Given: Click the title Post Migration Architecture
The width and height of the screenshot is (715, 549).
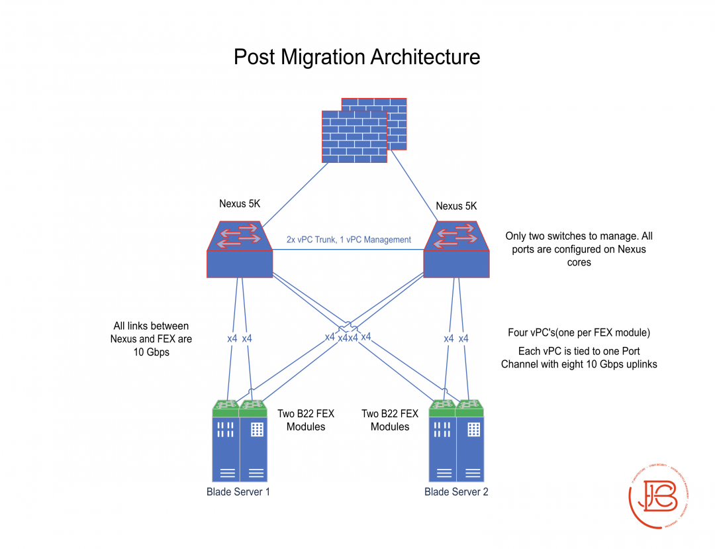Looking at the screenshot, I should (357, 57).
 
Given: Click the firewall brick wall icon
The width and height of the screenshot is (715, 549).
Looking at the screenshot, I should (364, 130).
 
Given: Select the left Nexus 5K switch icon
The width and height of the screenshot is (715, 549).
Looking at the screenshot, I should (239, 250).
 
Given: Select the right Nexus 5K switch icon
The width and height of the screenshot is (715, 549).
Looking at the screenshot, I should (456, 250).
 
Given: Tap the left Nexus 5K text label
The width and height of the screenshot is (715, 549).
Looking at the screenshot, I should (240, 204).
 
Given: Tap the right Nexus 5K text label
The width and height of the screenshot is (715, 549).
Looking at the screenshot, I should (456, 206).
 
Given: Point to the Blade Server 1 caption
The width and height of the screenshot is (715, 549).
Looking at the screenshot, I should (238, 491).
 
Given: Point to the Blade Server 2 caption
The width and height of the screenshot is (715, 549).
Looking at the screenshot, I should (456, 491).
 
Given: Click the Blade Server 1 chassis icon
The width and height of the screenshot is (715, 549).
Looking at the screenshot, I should (239, 442).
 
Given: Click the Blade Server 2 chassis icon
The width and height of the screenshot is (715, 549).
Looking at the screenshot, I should (456, 442).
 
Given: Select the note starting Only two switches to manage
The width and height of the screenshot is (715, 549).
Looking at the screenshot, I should (579, 249).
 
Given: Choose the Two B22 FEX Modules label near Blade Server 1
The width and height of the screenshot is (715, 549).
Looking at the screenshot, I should (306, 421).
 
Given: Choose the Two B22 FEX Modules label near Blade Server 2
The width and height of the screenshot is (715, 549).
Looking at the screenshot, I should (390, 421).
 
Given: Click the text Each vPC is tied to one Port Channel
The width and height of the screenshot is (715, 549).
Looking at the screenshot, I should (579, 357).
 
